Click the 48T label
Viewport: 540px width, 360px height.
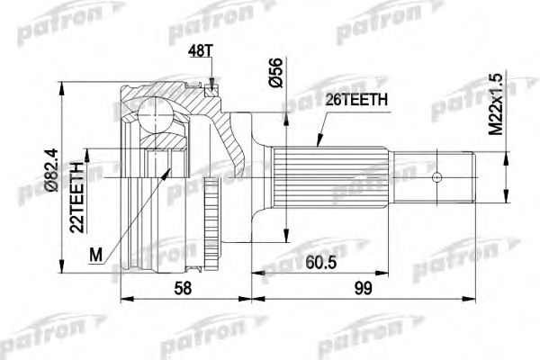tap(201, 51)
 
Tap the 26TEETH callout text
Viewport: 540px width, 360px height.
tap(356, 100)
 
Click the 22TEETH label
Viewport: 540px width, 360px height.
tap(76, 197)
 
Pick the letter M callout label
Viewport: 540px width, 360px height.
tap(96, 256)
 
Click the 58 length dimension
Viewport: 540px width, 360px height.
tap(183, 288)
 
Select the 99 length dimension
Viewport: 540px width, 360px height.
tap(364, 288)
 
